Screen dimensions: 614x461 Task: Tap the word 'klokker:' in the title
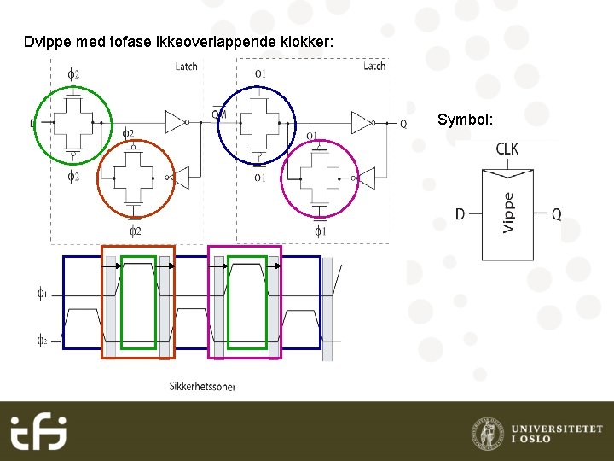coord(308,42)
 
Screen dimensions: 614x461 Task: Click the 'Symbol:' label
coord(466,120)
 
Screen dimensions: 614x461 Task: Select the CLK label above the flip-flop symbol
coord(507,149)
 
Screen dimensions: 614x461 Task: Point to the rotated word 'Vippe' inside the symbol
coord(508,212)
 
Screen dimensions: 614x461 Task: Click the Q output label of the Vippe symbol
coord(556,214)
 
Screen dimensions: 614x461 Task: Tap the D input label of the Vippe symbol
coord(460,214)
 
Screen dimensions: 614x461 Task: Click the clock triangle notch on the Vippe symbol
coord(507,173)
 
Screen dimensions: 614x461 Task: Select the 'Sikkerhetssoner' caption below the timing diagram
coord(202,387)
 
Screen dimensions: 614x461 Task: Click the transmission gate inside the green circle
coord(74,122)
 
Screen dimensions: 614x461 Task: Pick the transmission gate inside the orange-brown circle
coord(136,177)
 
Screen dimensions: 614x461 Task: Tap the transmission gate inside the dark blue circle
coord(256,122)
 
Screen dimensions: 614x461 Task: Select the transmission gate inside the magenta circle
coord(320,178)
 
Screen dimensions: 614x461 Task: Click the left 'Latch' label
coord(186,67)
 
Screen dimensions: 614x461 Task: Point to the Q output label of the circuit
coord(403,124)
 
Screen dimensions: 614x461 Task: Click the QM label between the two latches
coord(219,112)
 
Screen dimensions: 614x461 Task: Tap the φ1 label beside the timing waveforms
coord(42,294)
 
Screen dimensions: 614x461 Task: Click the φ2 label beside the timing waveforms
coord(42,340)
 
